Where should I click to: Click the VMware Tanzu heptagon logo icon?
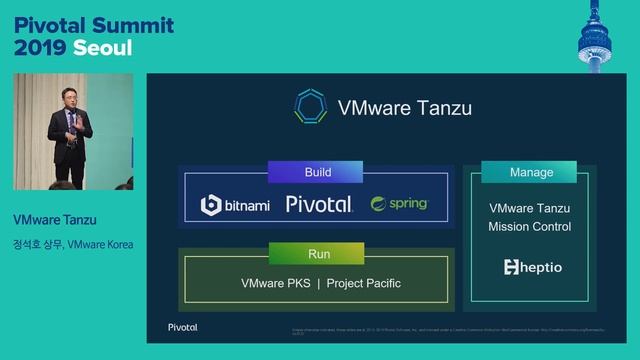[x=311, y=107]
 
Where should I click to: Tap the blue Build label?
[x=318, y=172]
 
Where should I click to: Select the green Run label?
[x=318, y=254]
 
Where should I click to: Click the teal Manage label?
[x=531, y=172]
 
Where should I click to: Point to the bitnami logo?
[x=235, y=205]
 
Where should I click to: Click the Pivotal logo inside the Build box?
[x=318, y=204]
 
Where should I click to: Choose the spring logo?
[x=399, y=204]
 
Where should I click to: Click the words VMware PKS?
[x=275, y=283]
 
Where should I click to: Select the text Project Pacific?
[x=364, y=283]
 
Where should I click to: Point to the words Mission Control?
[x=529, y=227]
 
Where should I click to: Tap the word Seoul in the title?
[x=102, y=47]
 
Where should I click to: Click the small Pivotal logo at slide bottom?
[x=182, y=327]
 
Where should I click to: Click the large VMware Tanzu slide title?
[x=404, y=107]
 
